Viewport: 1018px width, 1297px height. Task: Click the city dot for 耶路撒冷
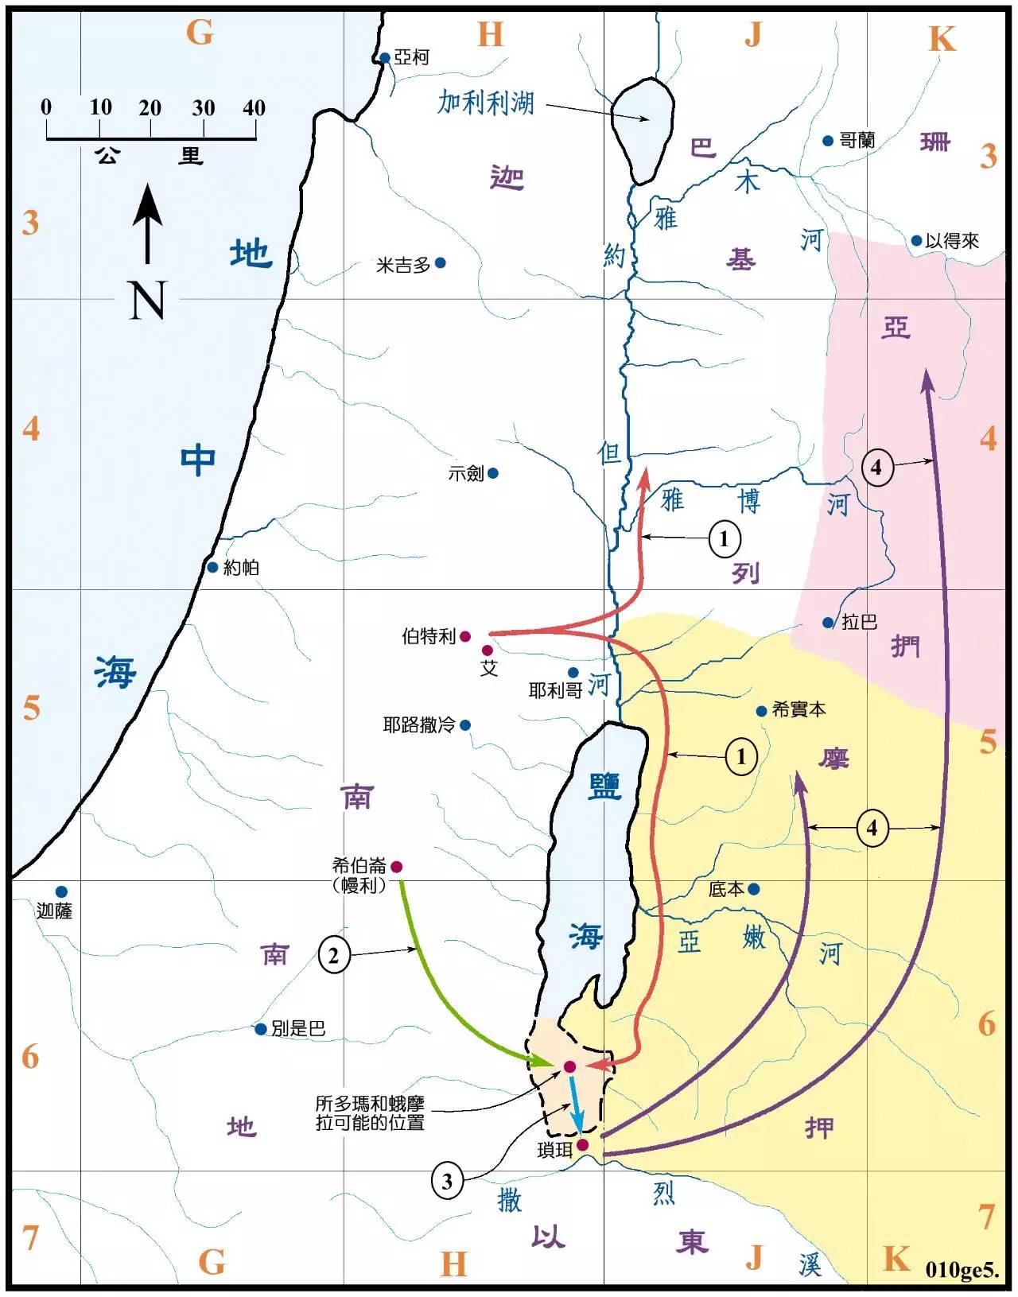tap(465, 725)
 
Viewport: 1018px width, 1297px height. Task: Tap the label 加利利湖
tap(486, 103)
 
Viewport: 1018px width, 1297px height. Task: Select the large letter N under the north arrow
tap(147, 301)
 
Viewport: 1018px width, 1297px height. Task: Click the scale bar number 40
tap(253, 108)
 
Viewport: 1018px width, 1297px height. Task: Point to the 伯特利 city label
tap(428, 637)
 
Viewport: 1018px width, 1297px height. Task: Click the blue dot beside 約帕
tap(212, 568)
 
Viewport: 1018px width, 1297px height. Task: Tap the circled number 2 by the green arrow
tap(333, 955)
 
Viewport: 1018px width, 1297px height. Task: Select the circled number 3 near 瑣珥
tap(447, 1182)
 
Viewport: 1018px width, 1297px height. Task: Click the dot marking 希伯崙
tap(396, 867)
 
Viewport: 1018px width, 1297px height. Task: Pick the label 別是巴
tap(298, 1029)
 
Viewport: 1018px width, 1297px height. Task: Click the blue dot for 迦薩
tap(61, 892)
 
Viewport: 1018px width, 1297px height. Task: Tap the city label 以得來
tap(952, 241)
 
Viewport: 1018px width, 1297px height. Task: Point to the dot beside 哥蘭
tap(828, 141)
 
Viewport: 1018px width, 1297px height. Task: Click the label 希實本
tap(798, 710)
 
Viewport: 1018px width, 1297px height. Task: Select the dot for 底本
tap(753, 889)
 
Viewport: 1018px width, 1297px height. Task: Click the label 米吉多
tap(403, 265)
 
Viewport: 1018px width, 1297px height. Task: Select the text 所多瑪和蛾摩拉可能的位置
tap(370, 1113)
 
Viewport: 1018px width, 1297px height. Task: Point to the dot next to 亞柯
tap(385, 58)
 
